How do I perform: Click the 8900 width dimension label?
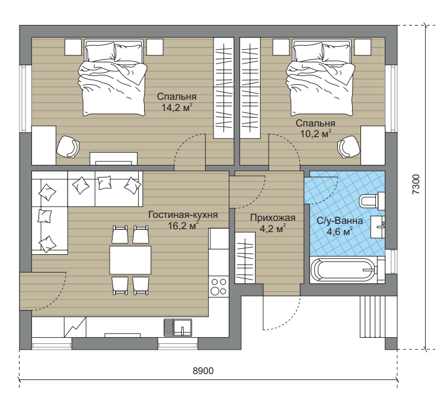click(203, 370)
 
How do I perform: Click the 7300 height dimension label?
click(416, 185)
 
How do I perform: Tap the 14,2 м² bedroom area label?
click(177, 107)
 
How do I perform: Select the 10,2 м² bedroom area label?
click(315, 134)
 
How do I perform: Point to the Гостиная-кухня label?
click(183, 215)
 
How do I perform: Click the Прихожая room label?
click(273, 218)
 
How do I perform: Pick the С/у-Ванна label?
click(340, 221)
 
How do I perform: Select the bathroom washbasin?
click(378, 226)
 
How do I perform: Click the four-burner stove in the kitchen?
click(218, 286)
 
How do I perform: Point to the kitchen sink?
click(178, 327)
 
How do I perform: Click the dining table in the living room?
click(130, 260)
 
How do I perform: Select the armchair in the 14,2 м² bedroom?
click(68, 146)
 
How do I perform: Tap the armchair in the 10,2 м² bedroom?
click(349, 147)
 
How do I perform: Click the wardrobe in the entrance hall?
click(245, 258)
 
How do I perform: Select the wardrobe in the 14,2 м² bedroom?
click(223, 88)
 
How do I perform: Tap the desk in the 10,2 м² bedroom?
click(373, 145)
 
